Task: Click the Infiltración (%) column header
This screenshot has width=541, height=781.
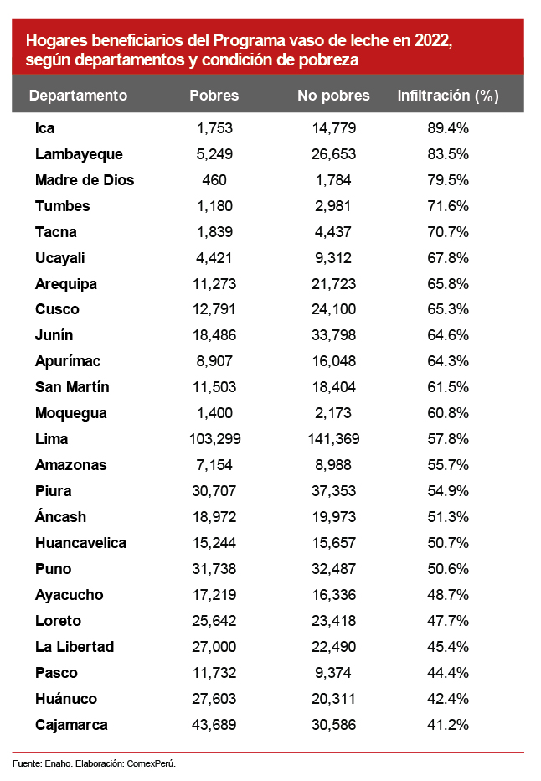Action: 448,96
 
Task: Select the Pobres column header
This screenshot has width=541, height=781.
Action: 214,96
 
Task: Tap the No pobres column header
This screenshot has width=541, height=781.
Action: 333,96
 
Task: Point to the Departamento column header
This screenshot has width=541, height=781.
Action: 78,96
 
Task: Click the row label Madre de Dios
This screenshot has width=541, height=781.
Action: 85,180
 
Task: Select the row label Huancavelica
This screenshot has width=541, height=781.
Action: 80,543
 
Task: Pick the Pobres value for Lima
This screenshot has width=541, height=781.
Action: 214,439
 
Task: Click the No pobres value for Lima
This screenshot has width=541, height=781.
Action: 333,439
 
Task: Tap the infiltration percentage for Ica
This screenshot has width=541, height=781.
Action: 448,128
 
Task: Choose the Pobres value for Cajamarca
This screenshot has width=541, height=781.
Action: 214,725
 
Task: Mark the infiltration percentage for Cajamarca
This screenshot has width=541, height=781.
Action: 448,725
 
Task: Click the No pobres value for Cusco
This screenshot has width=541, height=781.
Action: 333,309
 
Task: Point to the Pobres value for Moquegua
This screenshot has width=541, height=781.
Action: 214,413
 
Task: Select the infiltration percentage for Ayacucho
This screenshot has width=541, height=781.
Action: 448,595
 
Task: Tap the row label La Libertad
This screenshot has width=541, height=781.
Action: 75,647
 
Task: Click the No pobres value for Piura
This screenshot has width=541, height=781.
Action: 333,491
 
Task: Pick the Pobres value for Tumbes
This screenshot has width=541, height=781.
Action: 214,206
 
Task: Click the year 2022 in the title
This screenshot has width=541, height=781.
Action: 436,40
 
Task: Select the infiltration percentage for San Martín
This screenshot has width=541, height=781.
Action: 448,387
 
